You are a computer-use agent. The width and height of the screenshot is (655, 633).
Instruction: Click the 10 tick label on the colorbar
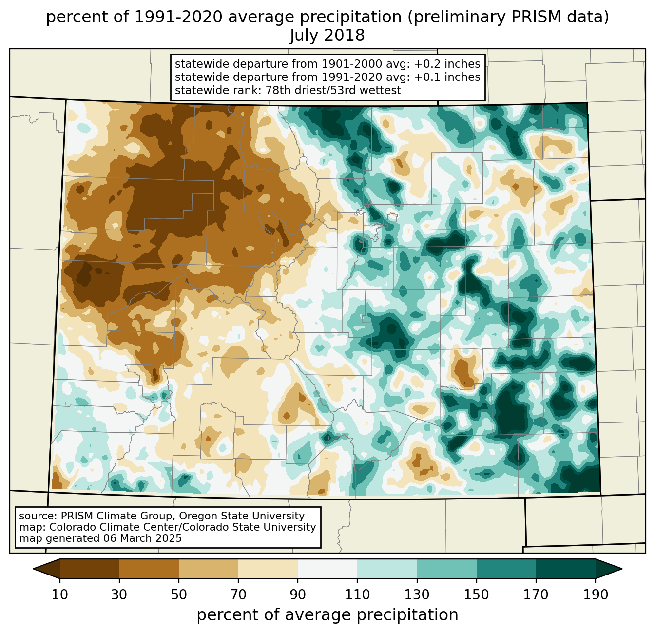pos(60,595)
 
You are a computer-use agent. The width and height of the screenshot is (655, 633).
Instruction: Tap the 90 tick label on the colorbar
pos(298,595)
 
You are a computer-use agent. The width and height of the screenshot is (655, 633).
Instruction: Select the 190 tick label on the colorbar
pos(596,595)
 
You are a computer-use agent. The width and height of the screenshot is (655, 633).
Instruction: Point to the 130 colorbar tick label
pos(417,595)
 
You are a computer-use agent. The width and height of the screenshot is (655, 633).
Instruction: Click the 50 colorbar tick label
pos(179,595)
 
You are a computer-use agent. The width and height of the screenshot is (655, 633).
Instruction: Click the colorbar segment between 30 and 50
pos(149,569)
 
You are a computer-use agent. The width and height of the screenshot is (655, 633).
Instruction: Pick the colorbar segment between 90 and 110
pos(327,569)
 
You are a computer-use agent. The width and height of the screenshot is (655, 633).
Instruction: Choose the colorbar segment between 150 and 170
pos(506,569)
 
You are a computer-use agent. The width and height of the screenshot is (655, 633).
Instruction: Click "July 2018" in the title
pos(327,36)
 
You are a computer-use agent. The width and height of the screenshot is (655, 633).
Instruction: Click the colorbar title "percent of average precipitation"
pos(327,615)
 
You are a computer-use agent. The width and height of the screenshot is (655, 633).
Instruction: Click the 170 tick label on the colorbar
pos(536,595)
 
